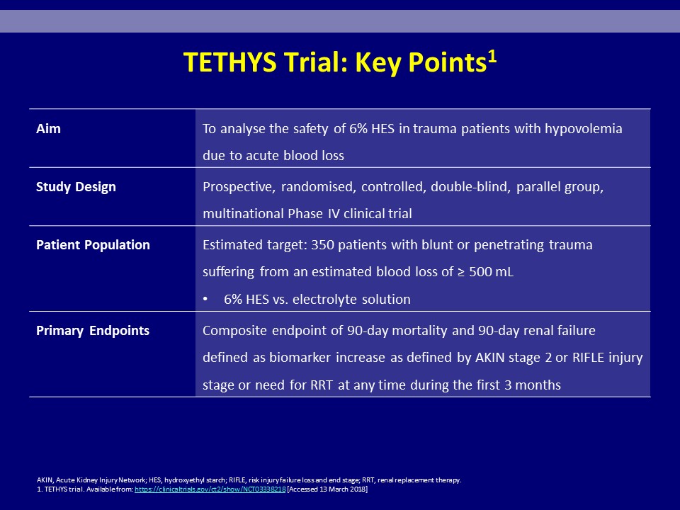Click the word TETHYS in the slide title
229,62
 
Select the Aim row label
48,129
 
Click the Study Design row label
76,187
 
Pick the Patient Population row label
93,245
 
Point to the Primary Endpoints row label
93,331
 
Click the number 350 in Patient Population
323,245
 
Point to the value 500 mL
491,272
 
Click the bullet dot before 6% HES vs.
205,300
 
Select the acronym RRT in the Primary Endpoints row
322,385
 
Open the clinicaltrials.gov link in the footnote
210,489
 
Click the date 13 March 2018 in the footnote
341,489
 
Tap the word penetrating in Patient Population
509,246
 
